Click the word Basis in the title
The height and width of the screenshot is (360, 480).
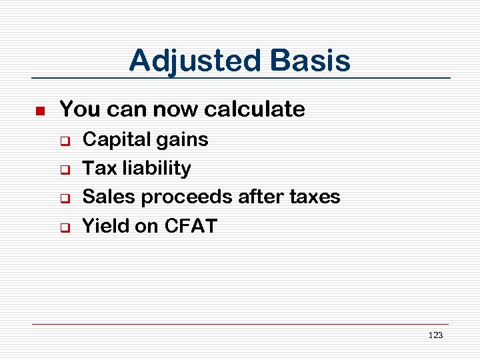pyautogui.click(x=311, y=61)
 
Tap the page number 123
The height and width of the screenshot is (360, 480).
pyautogui.click(x=435, y=335)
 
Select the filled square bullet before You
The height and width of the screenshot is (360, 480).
pyautogui.click(x=39, y=110)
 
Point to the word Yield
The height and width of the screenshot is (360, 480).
pyautogui.click(x=105, y=226)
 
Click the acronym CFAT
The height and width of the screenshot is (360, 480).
pyautogui.click(x=190, y=226)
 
